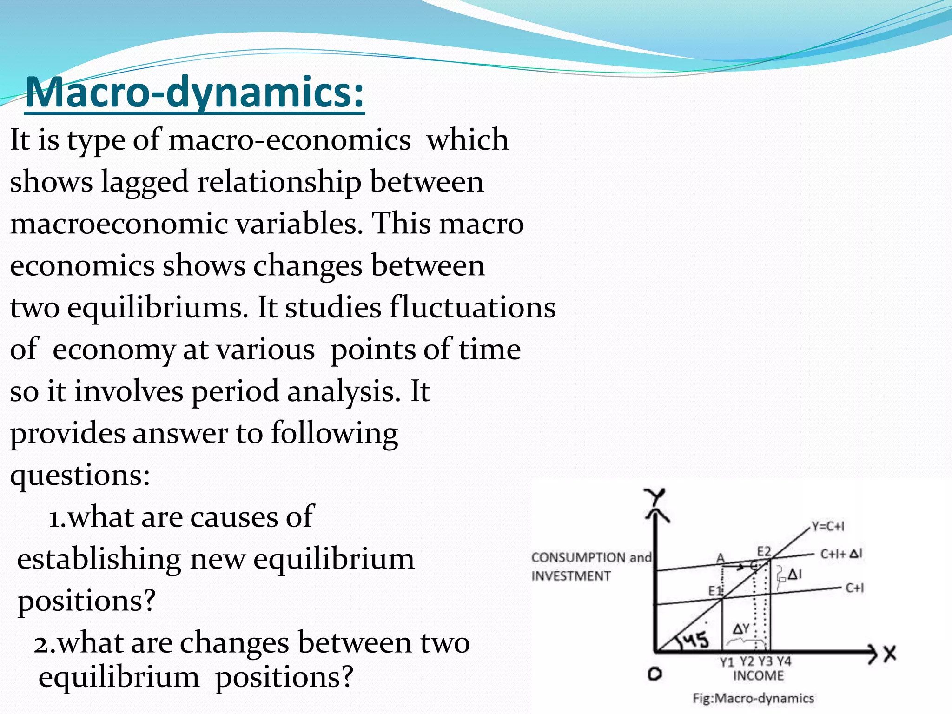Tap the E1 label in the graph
tap(715, 591)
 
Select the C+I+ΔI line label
tap(841, 554)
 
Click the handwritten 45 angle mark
tap(696, 641)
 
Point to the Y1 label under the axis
tap(727, 662)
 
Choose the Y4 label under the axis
tap(784, 661)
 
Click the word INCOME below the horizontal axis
tap(758, 675)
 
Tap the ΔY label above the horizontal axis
tap(741, 629)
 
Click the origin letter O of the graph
tap(654, 674)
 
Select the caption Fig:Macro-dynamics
tap(753, 698)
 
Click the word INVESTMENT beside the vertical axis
tap(571, 576)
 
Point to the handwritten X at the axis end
tap(890, 654)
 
